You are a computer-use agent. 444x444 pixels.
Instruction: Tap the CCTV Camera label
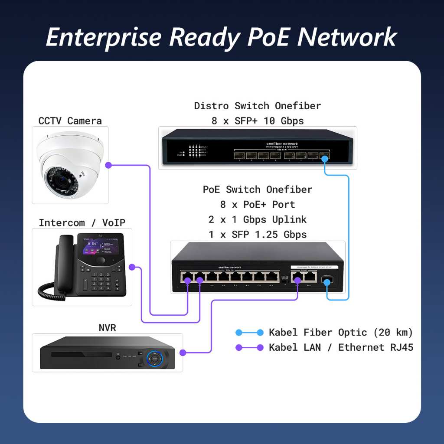click(70, 121)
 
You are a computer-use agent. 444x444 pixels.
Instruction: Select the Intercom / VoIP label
click(82, 223)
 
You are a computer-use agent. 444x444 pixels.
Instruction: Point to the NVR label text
click(107, 328)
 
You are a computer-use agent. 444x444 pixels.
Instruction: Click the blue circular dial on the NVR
click(155, 359)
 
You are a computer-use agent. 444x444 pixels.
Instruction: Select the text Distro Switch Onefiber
click(258, 106)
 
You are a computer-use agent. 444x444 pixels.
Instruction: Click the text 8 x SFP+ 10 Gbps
click(258, 121)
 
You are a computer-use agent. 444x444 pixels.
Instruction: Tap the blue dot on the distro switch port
click(325, 159)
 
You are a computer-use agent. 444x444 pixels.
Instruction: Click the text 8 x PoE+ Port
click(258, 204)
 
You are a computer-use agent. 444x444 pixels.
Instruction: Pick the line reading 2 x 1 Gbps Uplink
click(258, 219)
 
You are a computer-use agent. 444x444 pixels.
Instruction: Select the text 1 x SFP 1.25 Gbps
click(258, 235)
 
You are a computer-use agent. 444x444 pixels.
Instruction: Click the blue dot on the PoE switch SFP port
click(327, 282)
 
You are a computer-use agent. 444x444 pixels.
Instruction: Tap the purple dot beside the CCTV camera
click(108, 165)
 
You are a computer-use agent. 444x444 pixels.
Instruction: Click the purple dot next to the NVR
click(183, 353)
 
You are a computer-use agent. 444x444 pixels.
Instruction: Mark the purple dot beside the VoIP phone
click(133, 267)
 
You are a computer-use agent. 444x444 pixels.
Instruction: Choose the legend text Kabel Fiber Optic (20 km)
click(341, 333)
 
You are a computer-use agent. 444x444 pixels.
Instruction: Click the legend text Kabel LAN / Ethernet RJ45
click(341, 347)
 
